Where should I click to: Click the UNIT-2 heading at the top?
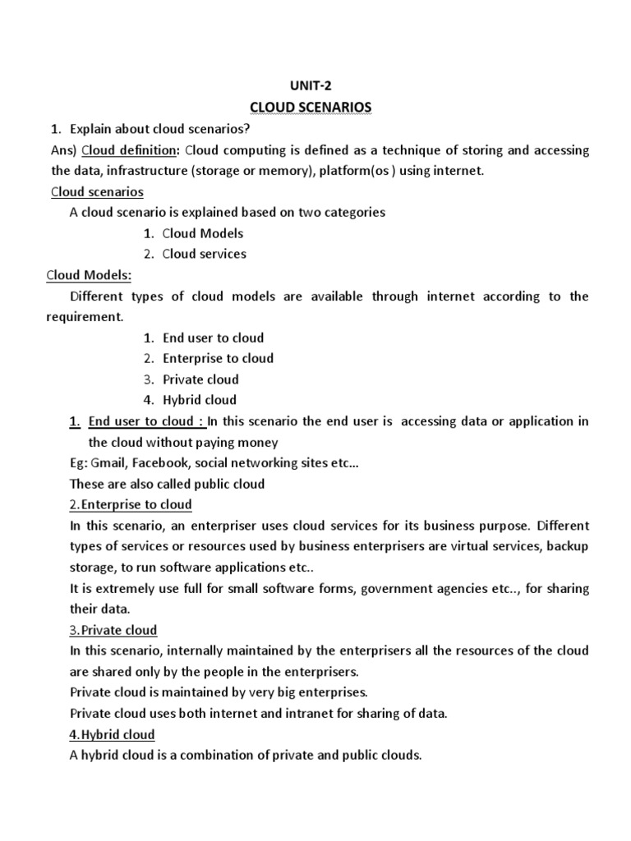pos(315,85)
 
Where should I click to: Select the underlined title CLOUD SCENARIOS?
pos(315,107)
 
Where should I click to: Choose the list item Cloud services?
pos(204,254)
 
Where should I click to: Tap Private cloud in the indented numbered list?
pos(200,379)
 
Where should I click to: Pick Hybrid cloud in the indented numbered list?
pos(199,400)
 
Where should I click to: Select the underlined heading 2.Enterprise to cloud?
pos(131,504)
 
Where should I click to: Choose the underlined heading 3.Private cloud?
pos(113,630)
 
